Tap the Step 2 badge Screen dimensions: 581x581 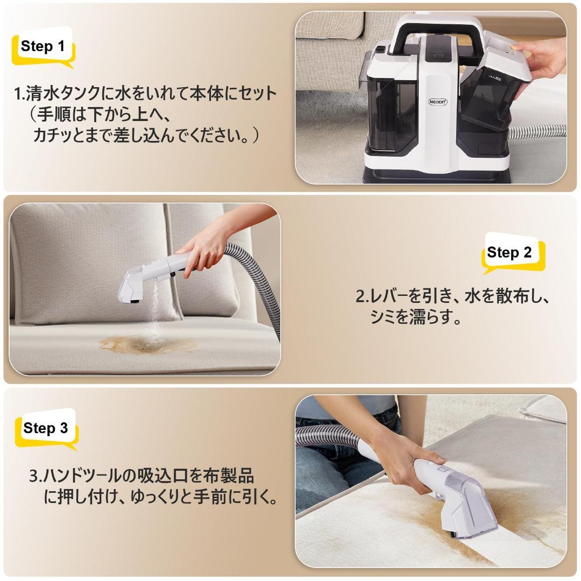coord(509,253)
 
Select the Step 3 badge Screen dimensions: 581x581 coord(46,428)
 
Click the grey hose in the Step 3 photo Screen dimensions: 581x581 coord(328,433)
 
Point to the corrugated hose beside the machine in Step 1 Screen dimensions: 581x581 coord(538,131)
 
